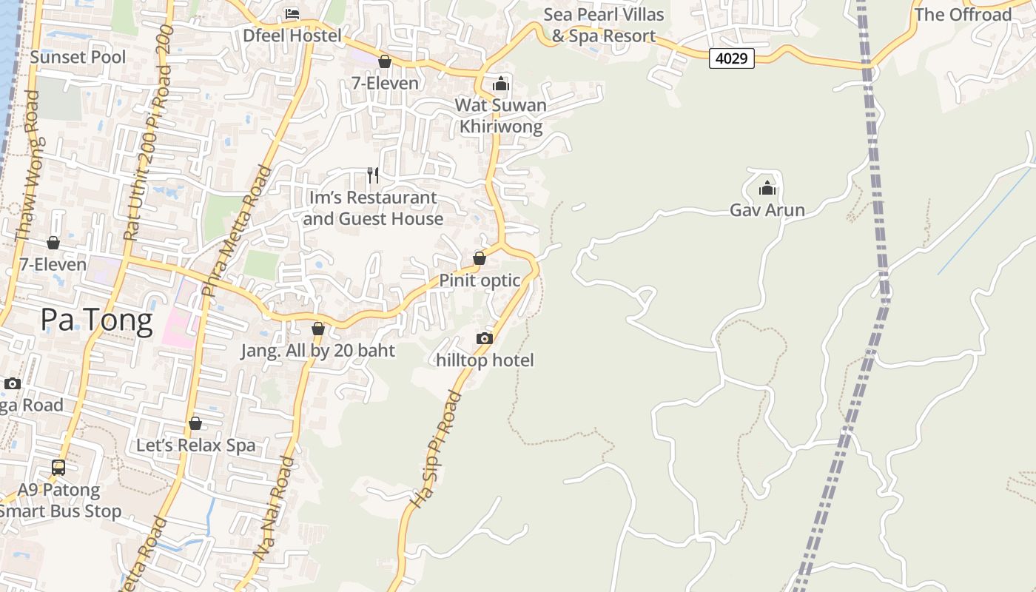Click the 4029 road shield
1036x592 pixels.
(x=731, y=58)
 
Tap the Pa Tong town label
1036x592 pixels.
(x=96, y=320)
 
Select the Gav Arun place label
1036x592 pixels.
(x=767, y=210)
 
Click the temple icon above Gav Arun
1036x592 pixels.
(x=767, y=188)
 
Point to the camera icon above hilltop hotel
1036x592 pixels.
(x=485, y=338)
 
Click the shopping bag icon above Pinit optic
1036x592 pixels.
(x=480, y=258)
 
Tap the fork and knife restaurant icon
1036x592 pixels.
(x=373, y=175)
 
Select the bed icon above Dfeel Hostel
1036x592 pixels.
(x=292, y=13)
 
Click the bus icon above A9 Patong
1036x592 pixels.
(x=58, y=467)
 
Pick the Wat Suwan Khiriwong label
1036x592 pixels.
(x=501, y=115)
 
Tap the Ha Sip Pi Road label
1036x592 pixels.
(x=436, y=450)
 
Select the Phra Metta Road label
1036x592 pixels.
(x=235, y=232)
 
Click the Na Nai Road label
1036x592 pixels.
(x=275, y=508)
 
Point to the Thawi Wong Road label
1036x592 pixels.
(x=27, y=166)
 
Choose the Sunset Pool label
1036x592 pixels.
(x=78, y=57)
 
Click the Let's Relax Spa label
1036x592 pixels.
(x=196, y=445)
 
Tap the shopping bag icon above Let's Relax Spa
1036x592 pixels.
(x=195, y=423)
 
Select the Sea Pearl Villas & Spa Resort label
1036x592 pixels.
(x=604, y=24)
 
